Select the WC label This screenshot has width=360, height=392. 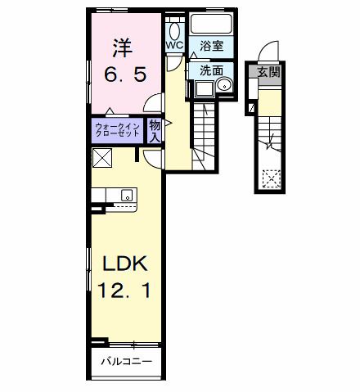tap(175, 46)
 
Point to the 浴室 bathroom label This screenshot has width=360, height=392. tap(212, 47)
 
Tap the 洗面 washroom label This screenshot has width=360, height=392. tap(211, 70)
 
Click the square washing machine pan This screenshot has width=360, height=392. tap(201, 89)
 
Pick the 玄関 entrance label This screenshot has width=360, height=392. tap(268, 73)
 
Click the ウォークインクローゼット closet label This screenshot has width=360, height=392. tap(117, 129)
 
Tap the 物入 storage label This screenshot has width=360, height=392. tap(155, 129)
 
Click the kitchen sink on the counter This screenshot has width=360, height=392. tap(127, 195)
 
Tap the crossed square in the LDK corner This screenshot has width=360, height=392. tap(102, 157)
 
